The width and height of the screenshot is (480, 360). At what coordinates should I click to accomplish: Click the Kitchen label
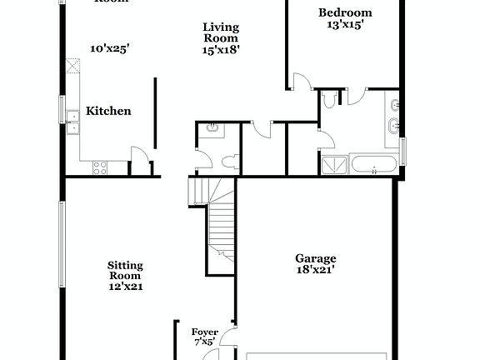[109, 111]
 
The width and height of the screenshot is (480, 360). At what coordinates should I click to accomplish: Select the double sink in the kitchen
[72, 128]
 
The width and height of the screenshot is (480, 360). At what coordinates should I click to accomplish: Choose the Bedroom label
[346, 12]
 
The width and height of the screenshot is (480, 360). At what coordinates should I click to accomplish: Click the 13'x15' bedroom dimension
[346, 25]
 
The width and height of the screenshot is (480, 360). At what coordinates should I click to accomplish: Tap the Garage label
[316, 258]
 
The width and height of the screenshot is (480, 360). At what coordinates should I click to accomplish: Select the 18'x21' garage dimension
[316, 269]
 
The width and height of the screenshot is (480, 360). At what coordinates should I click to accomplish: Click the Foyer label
[205, 332]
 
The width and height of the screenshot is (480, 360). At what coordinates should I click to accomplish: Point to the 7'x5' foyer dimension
[205, 342]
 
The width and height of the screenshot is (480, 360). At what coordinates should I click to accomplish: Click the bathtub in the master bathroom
[373, 163]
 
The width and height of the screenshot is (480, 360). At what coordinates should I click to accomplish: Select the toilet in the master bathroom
[330, 101]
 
